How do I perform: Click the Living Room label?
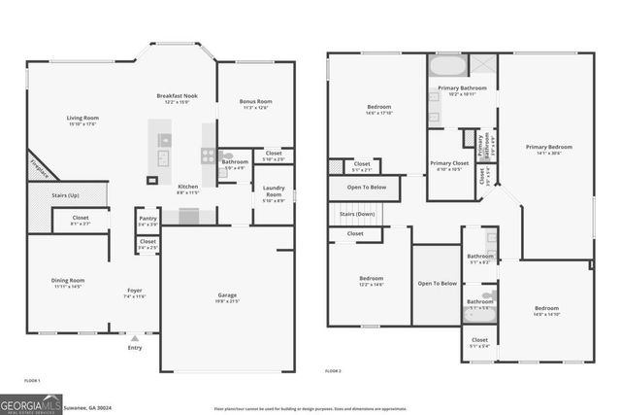pyautogui.click(x=82, y=119)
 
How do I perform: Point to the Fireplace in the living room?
pyautogui.click(x=37, y=167)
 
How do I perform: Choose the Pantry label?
pyautogui.click(x=147, y=219)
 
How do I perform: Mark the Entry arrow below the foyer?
pyautogui.click(x=134, y=338)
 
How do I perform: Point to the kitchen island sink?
pyautogui.click(x=162, y=156)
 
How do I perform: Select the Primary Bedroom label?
pyautogui.click(x=549, y=148)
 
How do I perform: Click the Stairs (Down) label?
pyautogui.click(x=356, y=213)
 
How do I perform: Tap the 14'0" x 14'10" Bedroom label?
pyautogui.click(x=548, y=311)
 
